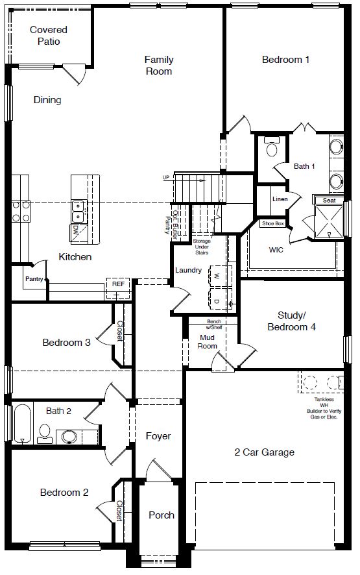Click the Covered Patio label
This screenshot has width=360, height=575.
click(x=49, y=36)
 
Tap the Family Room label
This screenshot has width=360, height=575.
click(x=159, y=66)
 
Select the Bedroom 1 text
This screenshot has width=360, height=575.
click(x=285, y=60)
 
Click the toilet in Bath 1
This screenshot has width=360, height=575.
click(x=271, y=149)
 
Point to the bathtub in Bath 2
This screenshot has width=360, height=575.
click(x=22, y=424)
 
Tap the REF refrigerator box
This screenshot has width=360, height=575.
click(x=117, y=284)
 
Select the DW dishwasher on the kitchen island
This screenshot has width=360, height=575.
click(x=76, y=230)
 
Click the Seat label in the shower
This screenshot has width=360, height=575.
click(x=330, y=201)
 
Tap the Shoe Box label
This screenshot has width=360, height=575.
click(x=272, y=223)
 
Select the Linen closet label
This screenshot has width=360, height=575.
click(x=280, y=199)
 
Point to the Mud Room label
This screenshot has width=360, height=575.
click(x=208, y=342)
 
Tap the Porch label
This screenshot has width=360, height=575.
click(x=162, y=515)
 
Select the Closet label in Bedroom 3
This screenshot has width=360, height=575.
click(x=120, y=333)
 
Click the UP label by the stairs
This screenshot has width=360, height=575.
click(x=167, y=177)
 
